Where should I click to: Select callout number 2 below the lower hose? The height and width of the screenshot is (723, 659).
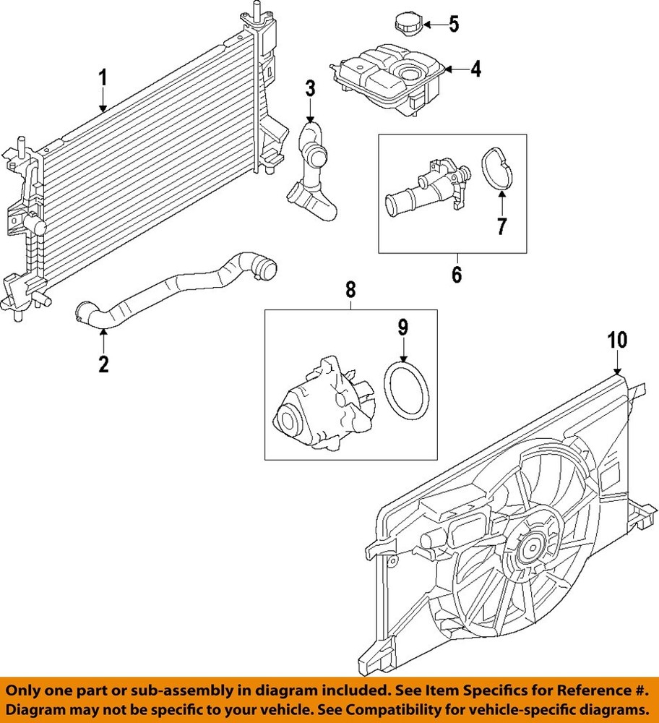103,364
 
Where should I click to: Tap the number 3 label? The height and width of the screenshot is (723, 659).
310,89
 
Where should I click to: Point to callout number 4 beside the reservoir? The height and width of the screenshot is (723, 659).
475,69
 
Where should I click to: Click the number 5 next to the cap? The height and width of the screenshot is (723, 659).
454,25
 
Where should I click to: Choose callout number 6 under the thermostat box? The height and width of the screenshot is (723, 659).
456,275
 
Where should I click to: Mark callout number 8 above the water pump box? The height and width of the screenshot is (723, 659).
350,289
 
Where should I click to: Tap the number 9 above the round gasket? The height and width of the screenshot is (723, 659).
403,327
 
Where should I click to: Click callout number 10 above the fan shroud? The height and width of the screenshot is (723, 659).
617,339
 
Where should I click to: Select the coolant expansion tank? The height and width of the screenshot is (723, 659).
387,76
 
